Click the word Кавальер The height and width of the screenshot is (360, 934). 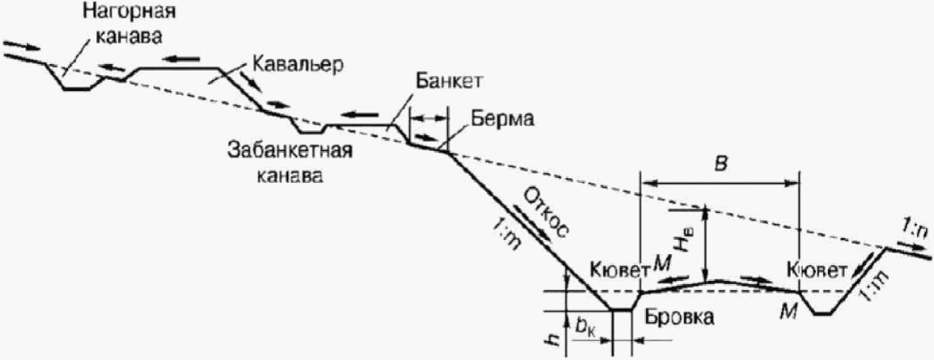[298, 64]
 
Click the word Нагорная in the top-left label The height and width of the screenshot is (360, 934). [120, 13]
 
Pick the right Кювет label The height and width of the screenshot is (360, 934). [815, 271]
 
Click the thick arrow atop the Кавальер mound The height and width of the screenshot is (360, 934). [183, 59]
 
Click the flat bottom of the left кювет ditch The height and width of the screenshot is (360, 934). [622, 310]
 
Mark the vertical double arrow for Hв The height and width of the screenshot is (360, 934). [705, 244]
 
